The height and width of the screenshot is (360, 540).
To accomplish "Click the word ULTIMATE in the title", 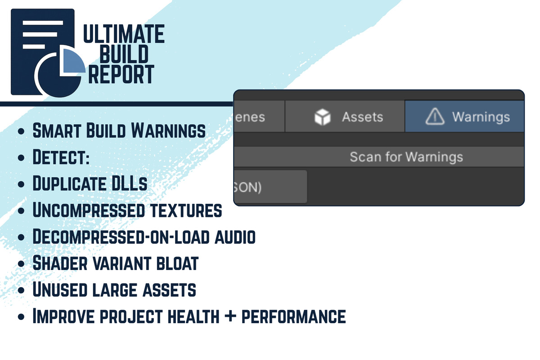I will [124, 35].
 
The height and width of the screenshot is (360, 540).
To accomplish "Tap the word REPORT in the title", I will [121, 74].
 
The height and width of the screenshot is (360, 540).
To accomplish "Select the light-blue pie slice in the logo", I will [73, 61].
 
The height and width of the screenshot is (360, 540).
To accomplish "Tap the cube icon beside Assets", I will [322, 117].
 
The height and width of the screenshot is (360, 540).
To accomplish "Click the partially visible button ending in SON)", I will [270, 187].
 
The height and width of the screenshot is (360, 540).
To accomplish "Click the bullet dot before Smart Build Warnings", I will [20, 132].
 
